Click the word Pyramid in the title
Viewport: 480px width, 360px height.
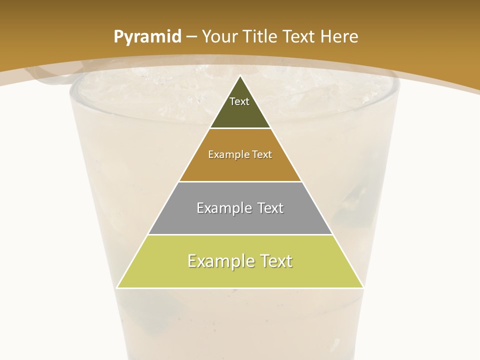[x=147, y=37]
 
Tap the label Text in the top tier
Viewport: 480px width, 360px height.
[x=239, y=101]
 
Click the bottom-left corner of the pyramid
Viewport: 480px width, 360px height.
[x=117, y=288]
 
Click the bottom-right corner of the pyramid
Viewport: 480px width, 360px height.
[x=363, y=288]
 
